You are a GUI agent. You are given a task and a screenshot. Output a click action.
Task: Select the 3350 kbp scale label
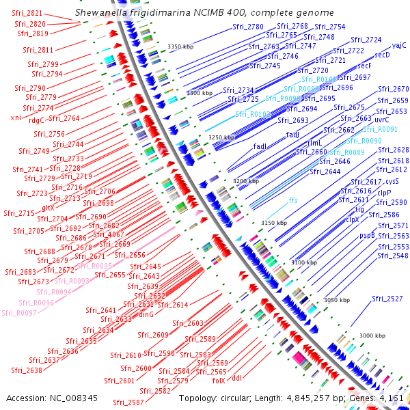[180, 46]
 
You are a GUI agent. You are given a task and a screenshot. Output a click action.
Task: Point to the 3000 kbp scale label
[372, 336]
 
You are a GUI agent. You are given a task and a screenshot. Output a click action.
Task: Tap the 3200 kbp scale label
[245, 181]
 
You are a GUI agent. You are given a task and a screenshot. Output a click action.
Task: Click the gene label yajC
[399, 45]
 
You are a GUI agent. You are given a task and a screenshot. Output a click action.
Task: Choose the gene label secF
[364, 66]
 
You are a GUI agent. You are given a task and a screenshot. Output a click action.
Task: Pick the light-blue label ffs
[293, 200]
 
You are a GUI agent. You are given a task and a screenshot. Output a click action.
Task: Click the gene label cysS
[392, 181]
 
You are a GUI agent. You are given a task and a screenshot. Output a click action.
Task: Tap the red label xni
[16, 118]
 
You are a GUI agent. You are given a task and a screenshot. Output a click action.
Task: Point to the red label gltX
[49, 208]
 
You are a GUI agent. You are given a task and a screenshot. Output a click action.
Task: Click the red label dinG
[146, 315]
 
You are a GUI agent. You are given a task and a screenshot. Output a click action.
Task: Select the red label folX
[219, 381]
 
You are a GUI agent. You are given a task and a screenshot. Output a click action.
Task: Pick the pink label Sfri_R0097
[19, 313]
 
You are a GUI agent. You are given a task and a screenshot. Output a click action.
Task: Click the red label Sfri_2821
[28, 13]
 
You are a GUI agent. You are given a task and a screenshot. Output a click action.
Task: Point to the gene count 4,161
[392, 398]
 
